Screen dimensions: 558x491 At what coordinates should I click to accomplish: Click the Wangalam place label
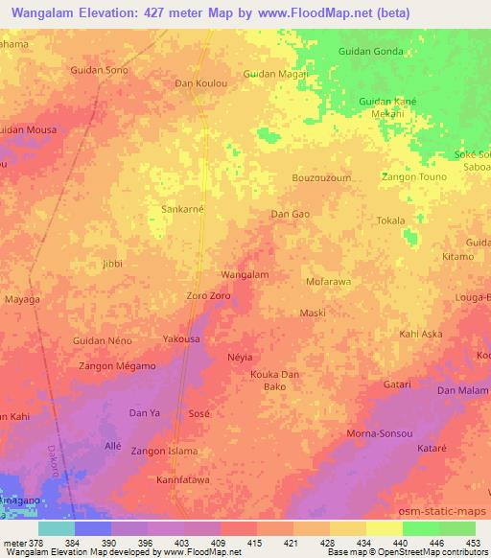245,274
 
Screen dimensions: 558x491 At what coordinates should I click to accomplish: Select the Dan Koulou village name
199,82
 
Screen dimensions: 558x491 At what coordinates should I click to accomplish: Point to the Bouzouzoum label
321,178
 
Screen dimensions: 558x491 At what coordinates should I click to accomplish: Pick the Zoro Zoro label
208,296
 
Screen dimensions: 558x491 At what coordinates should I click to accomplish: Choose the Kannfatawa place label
182,479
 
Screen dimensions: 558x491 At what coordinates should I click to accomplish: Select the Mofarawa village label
328,283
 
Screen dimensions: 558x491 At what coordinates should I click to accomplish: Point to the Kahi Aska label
420,334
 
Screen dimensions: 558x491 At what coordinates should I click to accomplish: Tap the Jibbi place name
113,263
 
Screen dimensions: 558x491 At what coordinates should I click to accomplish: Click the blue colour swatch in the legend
93,528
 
